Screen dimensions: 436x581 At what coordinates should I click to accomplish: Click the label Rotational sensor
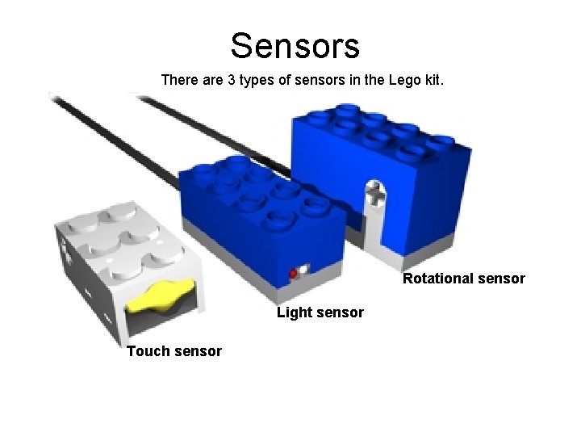click(464, 279)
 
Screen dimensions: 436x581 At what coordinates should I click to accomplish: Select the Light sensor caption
click(320, 312)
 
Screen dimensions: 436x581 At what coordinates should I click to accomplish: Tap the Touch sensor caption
click(173, 350)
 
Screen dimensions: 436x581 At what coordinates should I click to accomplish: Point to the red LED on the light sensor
click(294, 274)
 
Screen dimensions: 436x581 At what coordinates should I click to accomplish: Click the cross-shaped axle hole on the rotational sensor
click(375, 193)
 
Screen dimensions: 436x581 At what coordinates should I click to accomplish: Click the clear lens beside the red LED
click(304, 270)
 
